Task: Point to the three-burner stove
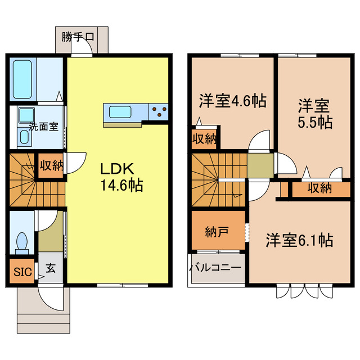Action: (x=159, y=111)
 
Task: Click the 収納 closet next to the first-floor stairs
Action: (x=51, y=165)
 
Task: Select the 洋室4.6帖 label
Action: (x=232, y=101)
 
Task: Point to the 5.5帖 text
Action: (x=314, y=121)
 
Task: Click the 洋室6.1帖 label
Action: (x=299, y=240)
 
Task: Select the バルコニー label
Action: (x=215, y=268)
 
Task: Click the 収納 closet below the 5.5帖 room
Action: (x=318, y=188)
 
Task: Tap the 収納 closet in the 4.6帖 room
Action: (x=203, y=138)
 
